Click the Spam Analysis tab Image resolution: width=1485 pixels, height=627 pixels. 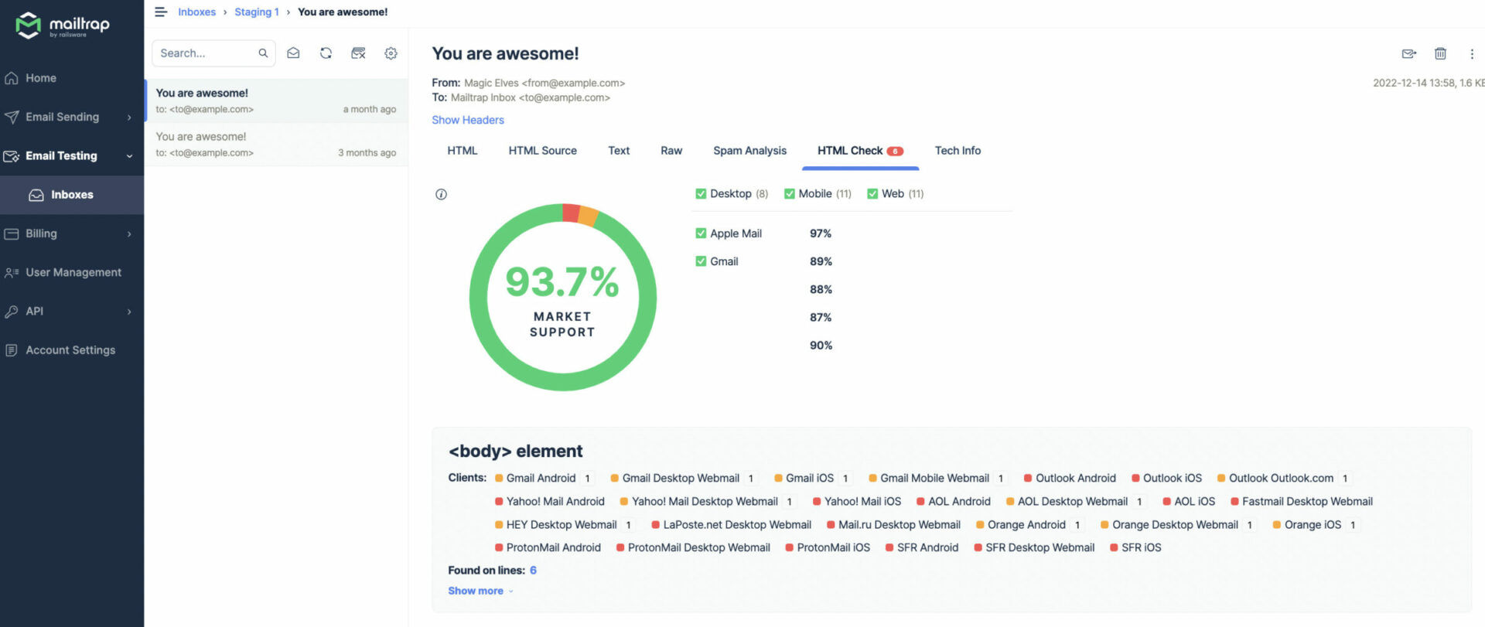click(x=749, y=151)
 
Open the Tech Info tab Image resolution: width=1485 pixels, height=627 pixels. click(x=958, y=151)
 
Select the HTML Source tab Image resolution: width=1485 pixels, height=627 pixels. click(x=542, y=151)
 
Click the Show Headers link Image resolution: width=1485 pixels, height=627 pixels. click(x=468, y=120)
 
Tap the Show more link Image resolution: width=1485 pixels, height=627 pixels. click(x=476, y=591)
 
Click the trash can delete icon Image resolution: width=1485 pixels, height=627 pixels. click(x=1440, y=53)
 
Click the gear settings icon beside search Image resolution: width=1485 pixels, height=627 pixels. click(x=391, y=53)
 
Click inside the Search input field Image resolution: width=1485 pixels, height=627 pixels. click(x=206, y=53)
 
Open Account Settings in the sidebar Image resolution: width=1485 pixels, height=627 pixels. click(x=70, y=350)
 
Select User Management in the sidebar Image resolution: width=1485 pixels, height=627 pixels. click(x=73, y=272)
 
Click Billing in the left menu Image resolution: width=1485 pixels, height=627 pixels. click(x=41, y=233)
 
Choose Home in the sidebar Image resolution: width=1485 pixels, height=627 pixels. click(x=40, y=78)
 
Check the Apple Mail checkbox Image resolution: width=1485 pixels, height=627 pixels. click(x=701, y=233)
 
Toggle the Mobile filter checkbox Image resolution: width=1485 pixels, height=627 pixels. click(x=790, y=194)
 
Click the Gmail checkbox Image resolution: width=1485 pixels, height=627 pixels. click(x=701, y=261)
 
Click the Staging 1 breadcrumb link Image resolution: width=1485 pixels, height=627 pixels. click(x=257, y=12)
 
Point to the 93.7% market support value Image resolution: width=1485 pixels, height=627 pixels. click(x=562, y=281)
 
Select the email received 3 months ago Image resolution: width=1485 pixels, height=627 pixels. click(x=276, y=145)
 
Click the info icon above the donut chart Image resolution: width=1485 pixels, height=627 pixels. click(x=441, y=195)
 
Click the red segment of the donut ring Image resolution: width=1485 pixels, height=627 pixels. click(x=571, y=213)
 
